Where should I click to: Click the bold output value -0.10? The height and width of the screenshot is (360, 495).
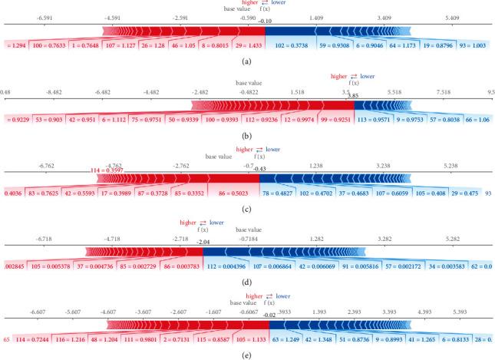pos(266,21)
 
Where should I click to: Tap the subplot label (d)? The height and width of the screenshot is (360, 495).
pos(247,282)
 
